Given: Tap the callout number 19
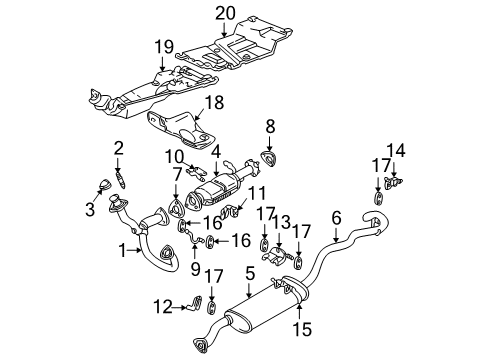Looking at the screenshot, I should [164, 47].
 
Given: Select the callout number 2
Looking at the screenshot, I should [118, 148].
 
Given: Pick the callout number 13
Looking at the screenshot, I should [283, 249].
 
